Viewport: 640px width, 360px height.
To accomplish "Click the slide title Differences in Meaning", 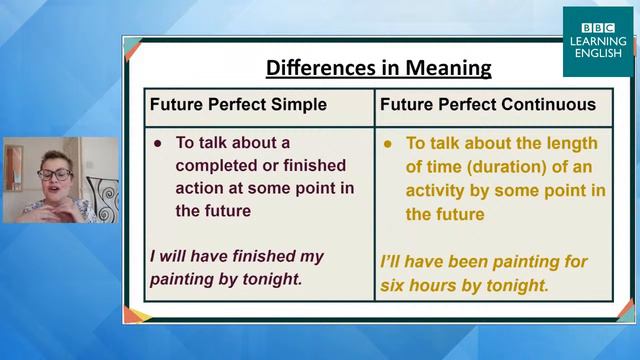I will (378, 68).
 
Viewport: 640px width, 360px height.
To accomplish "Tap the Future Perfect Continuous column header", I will (487, 104).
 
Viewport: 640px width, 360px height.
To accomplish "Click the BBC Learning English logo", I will (595, 41).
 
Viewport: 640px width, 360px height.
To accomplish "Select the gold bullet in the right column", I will (388, 142).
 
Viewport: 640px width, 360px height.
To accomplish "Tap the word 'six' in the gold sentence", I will (395, 284).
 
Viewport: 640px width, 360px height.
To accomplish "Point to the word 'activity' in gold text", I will (436, 190).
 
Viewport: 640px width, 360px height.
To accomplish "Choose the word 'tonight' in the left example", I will (269, 280).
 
